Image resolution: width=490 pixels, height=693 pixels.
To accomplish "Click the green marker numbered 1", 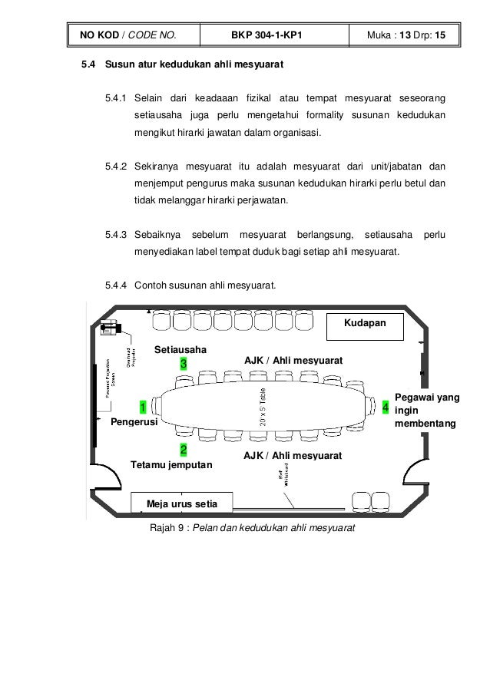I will tap(143, 406).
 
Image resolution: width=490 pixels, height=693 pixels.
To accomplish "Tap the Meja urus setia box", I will tap(182, 503).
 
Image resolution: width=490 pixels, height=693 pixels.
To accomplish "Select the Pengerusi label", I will tap(134, 422).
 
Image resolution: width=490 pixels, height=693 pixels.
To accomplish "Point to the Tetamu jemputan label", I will tap(173, 465).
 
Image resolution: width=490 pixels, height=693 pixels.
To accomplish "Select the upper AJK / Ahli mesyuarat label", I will tap(293, 360).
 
